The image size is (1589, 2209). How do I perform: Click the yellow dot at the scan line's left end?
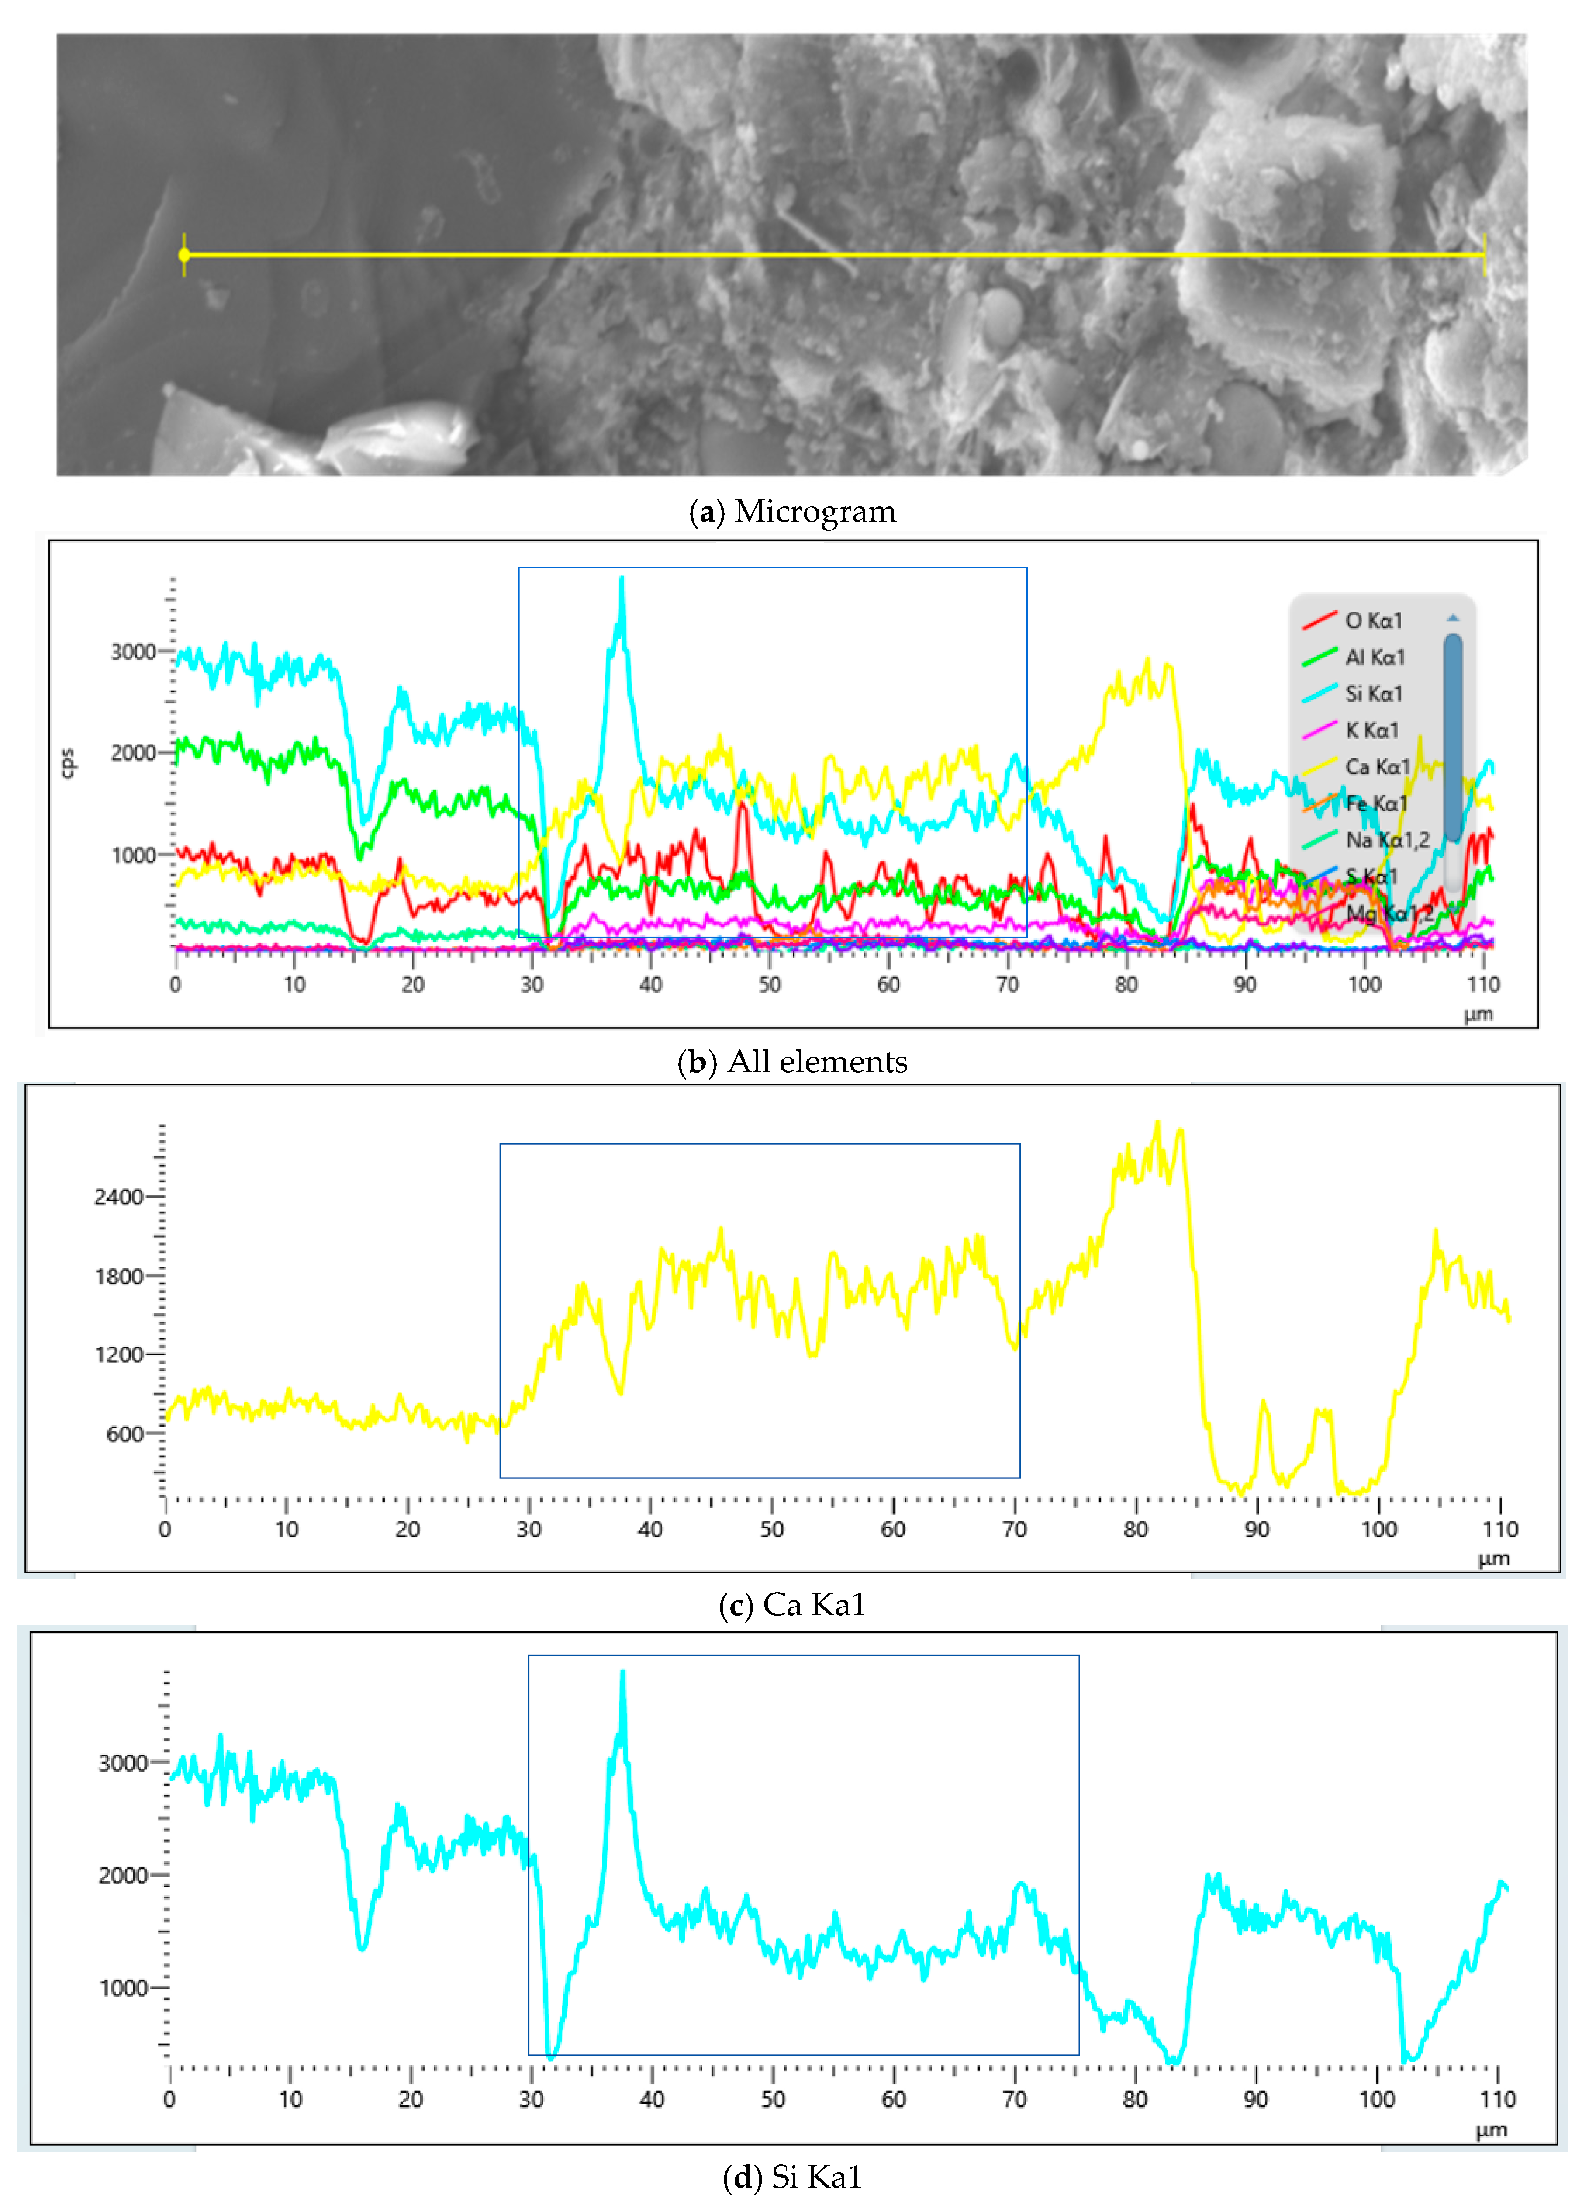(x=184, y=255)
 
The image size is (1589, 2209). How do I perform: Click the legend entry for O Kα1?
(x=1373, y=620)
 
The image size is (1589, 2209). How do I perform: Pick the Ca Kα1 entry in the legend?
(x=1377, y=766)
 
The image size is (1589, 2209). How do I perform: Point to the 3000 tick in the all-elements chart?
(x=133, y=651)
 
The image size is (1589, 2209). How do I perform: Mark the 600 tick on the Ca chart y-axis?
(x=124, y=1433)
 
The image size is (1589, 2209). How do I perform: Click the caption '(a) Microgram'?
(x=793, y=511)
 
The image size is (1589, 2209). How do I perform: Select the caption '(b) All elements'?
(x=793, y=1062)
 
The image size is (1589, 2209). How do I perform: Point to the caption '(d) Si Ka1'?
(x=793, y=2177)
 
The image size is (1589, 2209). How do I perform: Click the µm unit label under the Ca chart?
(x=1494, y=1558)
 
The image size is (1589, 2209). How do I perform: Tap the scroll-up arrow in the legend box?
(x=1453, y=617)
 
